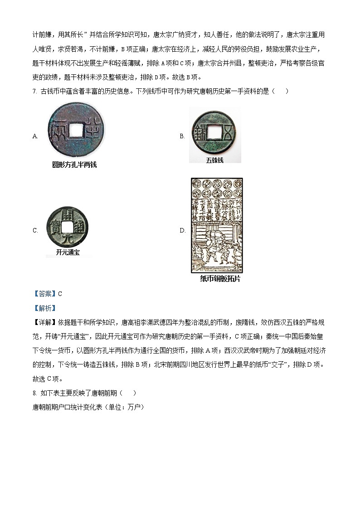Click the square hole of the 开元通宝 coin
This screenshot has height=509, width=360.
(67, 226)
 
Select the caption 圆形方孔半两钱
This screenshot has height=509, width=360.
(74, 165)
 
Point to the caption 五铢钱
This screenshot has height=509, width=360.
(214, 160)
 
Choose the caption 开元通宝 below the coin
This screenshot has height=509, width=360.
(68, 252)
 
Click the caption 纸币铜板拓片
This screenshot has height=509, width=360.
(220, 279)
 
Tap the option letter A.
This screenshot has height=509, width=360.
(35, 136)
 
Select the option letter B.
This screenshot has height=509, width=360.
(182, 136)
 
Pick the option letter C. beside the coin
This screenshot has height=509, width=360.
(35, 231)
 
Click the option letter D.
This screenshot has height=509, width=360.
(182, 231)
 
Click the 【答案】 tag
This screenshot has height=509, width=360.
(44, 294)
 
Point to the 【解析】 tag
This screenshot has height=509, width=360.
(44, 308)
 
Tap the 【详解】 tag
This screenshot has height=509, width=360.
(44, 323)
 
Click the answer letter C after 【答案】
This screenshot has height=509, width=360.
(60, 294)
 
